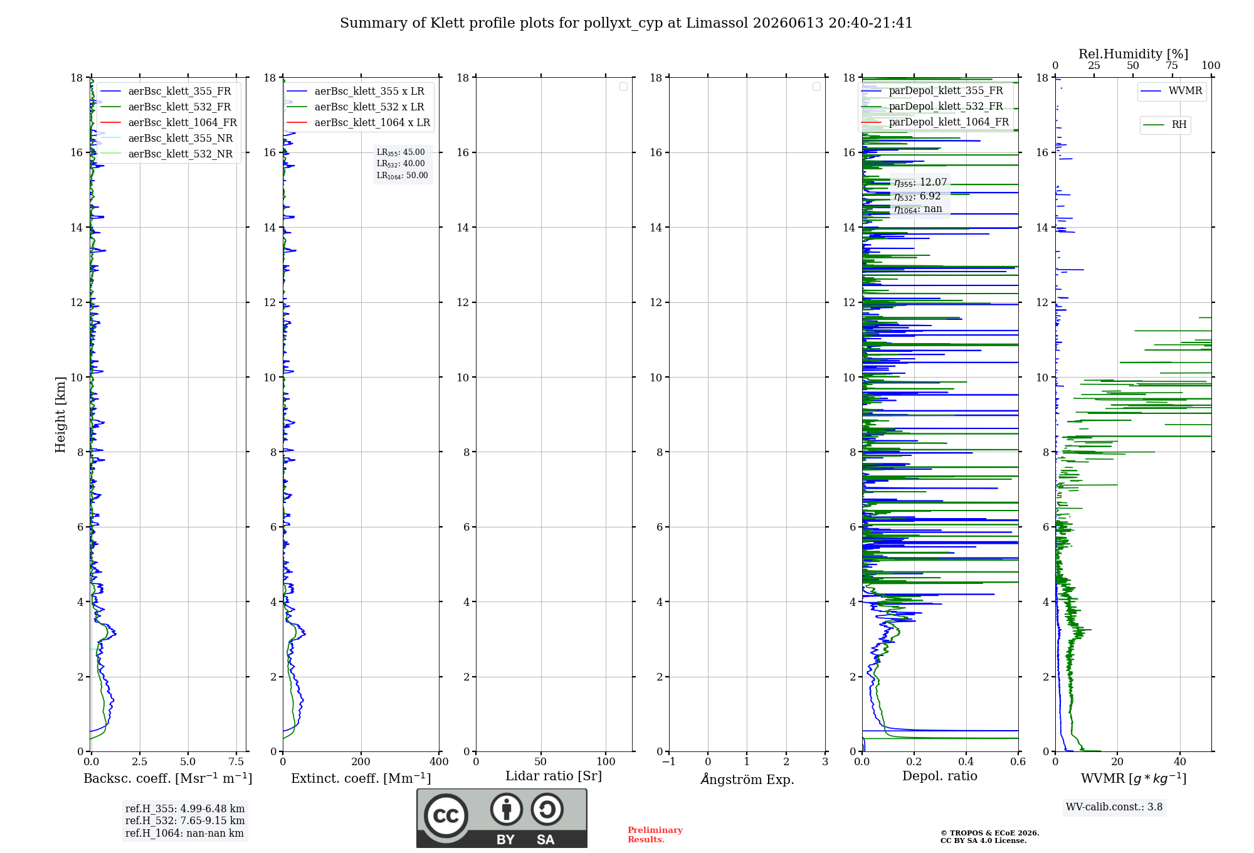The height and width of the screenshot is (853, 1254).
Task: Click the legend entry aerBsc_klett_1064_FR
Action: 168,122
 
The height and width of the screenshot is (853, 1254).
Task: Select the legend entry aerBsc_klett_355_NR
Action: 166,138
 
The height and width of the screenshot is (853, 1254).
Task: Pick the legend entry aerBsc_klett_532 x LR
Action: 356,107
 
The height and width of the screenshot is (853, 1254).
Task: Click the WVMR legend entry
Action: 1171,91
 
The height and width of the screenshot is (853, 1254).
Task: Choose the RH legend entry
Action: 1165,125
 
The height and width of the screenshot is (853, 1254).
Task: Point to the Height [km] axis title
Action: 60,415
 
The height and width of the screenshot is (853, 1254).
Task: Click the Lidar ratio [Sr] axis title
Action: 554,776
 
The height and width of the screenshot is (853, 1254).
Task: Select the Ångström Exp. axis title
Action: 747,778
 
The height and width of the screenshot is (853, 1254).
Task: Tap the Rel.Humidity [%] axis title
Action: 1133,54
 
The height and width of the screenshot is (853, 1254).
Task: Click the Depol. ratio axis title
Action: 940,776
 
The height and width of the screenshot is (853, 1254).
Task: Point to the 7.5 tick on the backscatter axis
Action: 236,761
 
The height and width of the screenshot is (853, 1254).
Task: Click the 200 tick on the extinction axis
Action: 361,761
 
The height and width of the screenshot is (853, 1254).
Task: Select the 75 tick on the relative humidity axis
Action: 1172,66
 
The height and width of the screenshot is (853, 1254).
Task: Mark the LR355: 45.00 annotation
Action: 401,152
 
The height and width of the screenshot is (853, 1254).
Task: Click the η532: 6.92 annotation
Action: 917,196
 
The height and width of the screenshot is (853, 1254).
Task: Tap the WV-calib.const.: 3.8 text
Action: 1114,807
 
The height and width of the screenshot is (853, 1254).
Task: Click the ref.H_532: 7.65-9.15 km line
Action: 185,820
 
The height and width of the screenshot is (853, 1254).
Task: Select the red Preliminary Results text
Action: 655,835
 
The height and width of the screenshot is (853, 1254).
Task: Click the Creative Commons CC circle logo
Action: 446,815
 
